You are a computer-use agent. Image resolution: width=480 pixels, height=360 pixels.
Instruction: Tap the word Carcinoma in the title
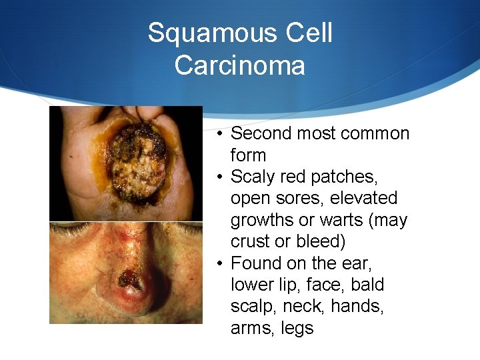click(240, 65)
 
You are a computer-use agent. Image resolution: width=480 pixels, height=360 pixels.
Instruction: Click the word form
click(248, 155)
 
